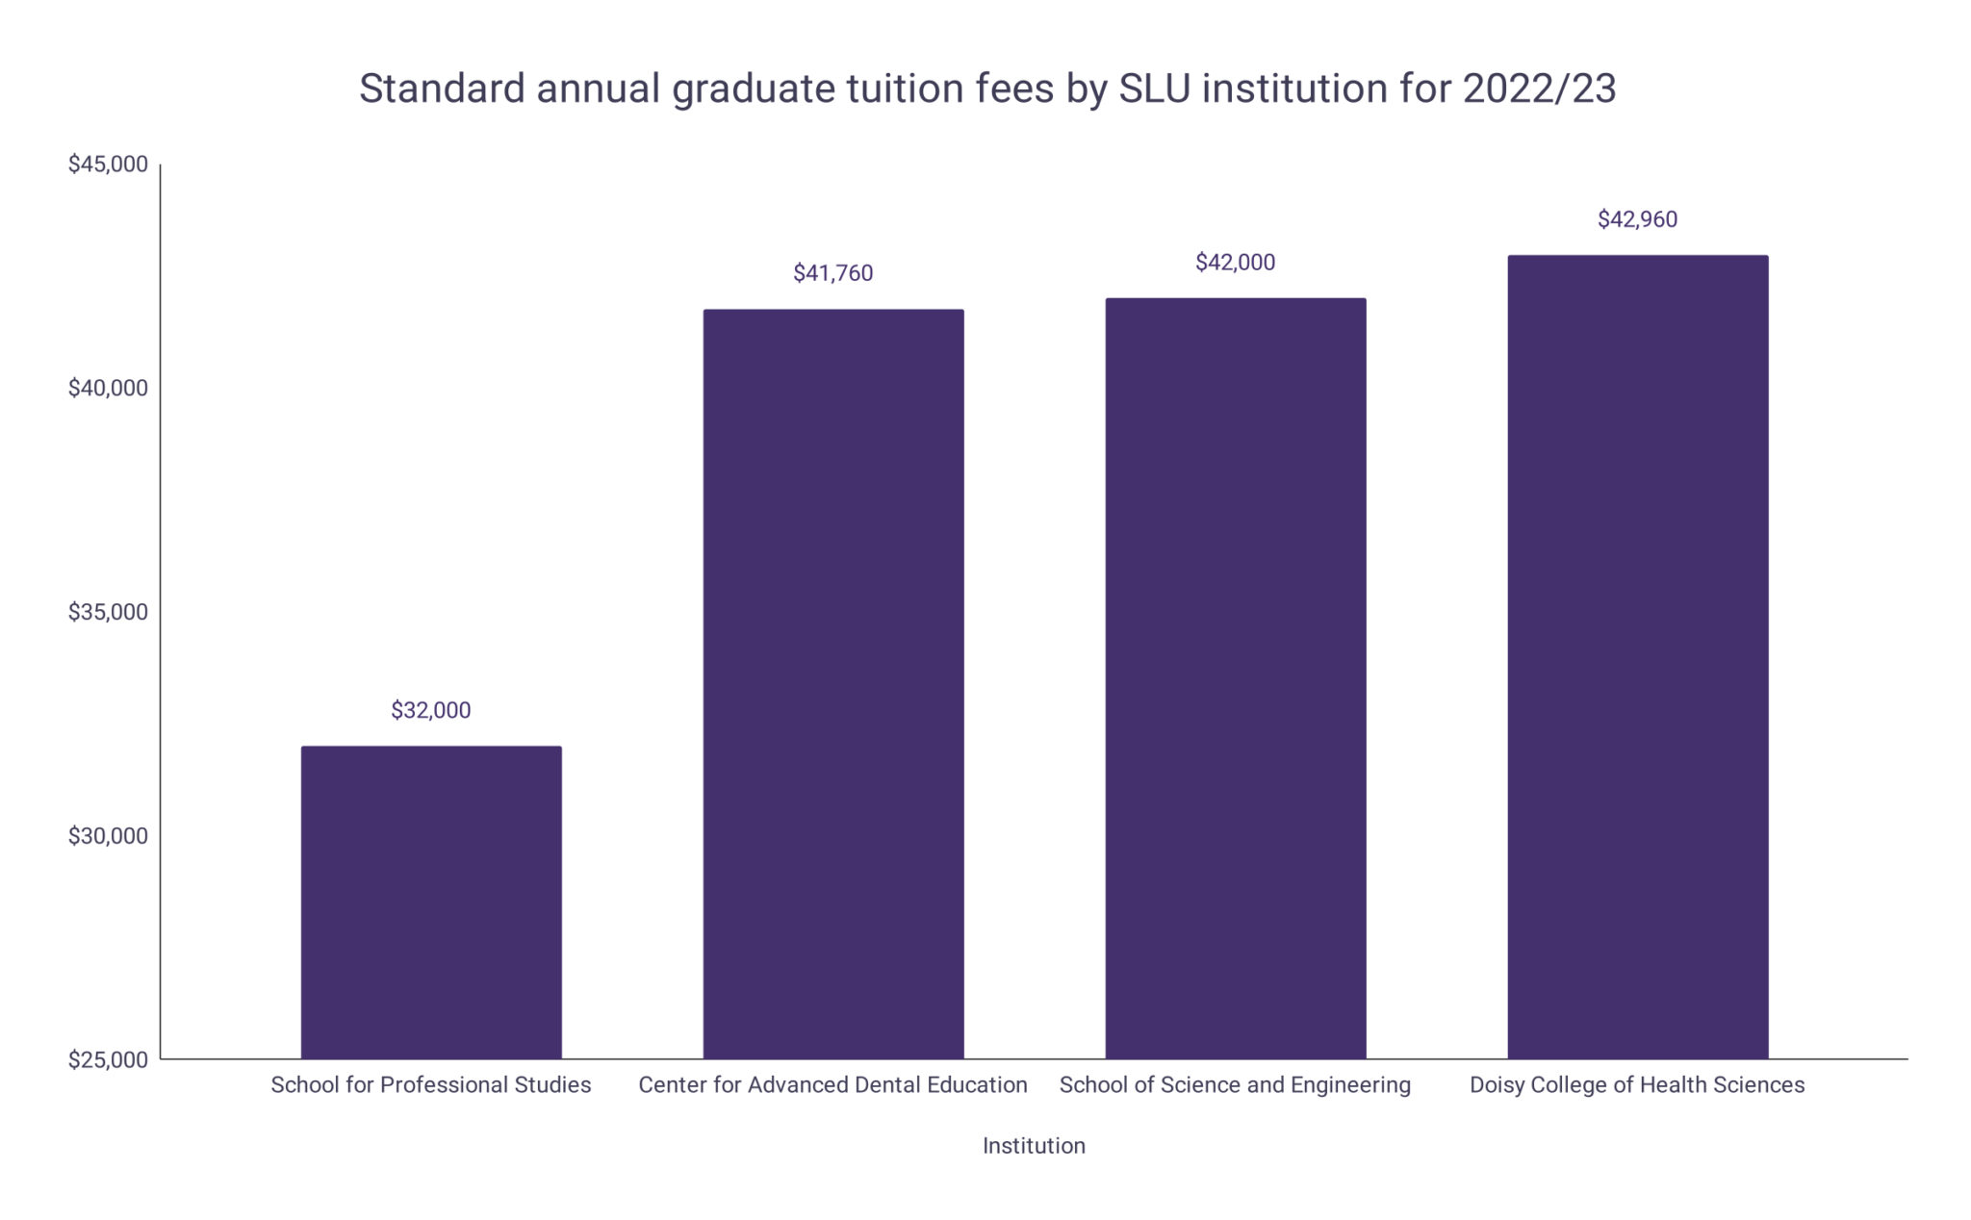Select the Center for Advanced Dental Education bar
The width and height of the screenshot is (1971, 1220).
(x=833, y=683)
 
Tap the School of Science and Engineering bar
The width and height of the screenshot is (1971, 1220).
(x=1235, y=678)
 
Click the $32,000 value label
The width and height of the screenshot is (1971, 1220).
(x=431, y=710)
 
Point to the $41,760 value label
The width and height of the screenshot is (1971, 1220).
(x=833, y=273)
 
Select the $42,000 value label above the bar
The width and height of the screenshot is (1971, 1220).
(x=1235, y=263)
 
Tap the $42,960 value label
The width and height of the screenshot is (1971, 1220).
(x=1637, y=219)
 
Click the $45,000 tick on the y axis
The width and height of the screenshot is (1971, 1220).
(x=108, y=165)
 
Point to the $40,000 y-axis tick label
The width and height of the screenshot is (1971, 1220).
(x=108, y=388)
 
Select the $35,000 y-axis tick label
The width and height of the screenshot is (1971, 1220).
(x=108, y=612)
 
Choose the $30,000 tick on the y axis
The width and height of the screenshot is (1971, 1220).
(x=108, y=836)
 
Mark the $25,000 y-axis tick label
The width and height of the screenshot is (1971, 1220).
(x=108, y=1059)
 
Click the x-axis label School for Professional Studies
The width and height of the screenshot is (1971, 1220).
(x=431, y=1085)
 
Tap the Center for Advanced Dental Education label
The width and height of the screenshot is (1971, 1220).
(x=833, y=1085)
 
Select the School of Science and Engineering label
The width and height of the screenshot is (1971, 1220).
(x=1235, y=1085)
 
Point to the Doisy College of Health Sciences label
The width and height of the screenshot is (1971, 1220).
(x=1637, y=1085)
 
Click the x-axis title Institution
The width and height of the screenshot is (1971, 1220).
(x=1034, y=1146)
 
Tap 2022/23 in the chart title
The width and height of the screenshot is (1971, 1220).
(x=1539, y=89)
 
